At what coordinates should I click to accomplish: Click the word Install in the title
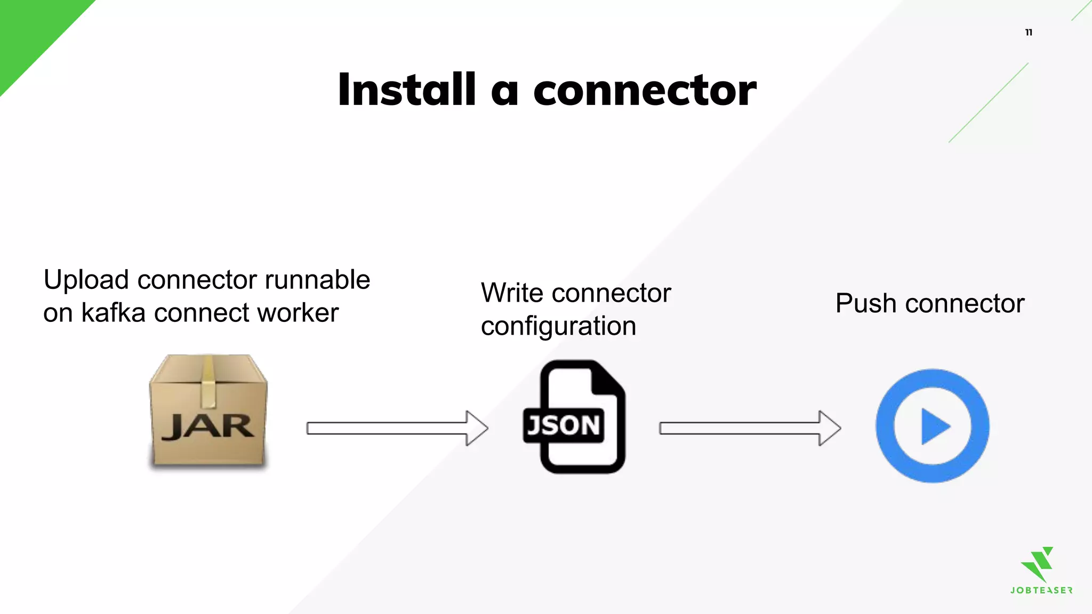[406, 90]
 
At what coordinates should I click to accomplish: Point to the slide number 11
[1029, 33]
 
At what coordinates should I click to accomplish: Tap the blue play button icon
[932, 426]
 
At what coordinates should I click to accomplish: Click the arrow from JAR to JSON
[397, 428]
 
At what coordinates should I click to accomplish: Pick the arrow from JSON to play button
[750, 428]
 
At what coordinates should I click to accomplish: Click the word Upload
[86, 280]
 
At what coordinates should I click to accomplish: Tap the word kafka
[113, 313]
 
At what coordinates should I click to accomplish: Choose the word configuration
[558, 326]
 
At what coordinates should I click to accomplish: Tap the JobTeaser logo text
[1041, 591]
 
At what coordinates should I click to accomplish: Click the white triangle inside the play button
[935, 426]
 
